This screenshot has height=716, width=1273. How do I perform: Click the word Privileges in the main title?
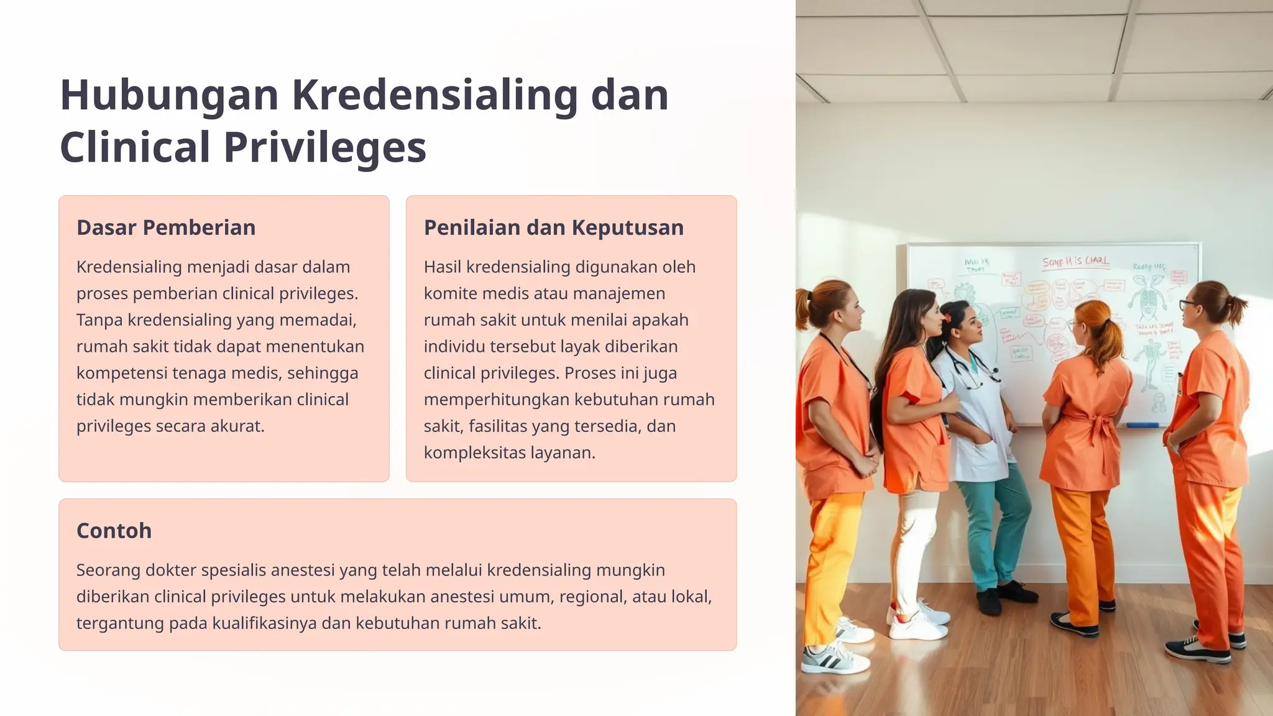click(324, 147)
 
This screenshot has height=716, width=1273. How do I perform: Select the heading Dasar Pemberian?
click(166, 227)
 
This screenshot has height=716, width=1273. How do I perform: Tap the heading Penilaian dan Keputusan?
click(553, 227)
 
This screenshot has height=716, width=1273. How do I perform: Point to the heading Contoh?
click(114, 531)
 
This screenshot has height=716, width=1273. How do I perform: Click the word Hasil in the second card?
click(442, 267)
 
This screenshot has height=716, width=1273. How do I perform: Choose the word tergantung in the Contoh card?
click(120, 623)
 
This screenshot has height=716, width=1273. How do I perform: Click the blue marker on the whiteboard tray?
click(1142, 425)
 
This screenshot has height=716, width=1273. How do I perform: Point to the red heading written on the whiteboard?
click(1075, 262)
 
